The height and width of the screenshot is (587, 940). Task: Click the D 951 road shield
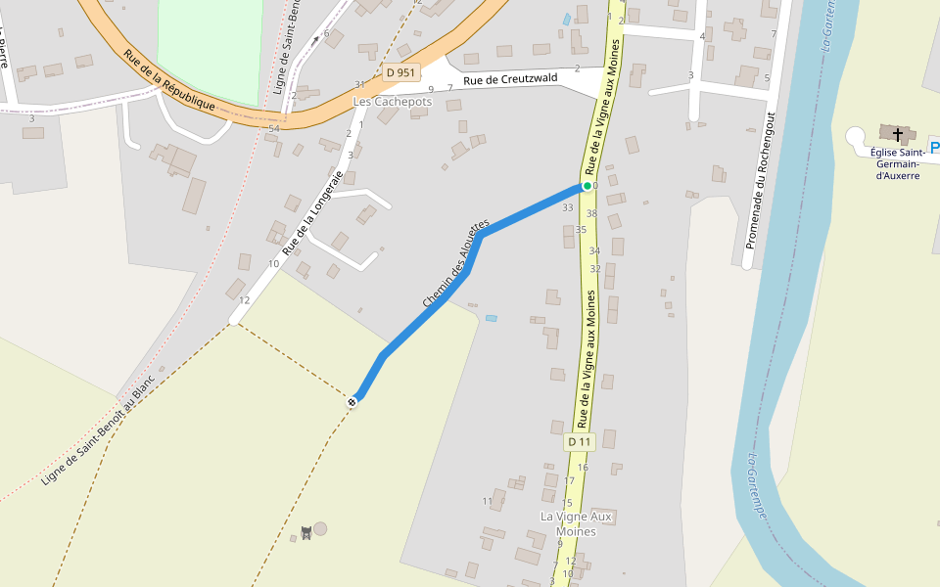pyautogui.click(x=400, y=71)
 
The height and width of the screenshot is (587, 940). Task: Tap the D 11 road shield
pyautogui.click(x=580, y=442)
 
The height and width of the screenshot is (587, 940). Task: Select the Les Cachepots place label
pyautogui.click(x=392, y=102)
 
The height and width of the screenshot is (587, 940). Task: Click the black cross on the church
pyautogui.click(x=898, y=133)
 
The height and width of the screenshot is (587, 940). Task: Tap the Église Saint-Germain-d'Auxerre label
pyautogui.click(x=896, y=163)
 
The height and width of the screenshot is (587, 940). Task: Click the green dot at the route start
pyautogui.click(x=587, y=186)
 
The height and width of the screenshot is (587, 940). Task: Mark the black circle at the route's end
pyautogui.click(x=352, y=401)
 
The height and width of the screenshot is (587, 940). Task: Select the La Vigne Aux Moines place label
pyautogui.click(x=577, y=523)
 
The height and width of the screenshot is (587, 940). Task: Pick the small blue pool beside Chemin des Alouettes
pyautogui.click(x=491, y=318)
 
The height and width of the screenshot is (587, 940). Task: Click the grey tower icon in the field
pyautogui.click(x=305, y=533)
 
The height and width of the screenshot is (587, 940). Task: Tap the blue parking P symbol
pyautogui.click(x=934, y=148)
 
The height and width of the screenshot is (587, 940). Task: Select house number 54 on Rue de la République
pyautogui.click(x=274, y=129)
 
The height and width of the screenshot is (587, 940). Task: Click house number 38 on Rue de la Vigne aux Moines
pyautogui.click(x=591, y=213)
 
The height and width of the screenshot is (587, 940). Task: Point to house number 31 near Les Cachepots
pyautogui.click(x=359, y=84)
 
